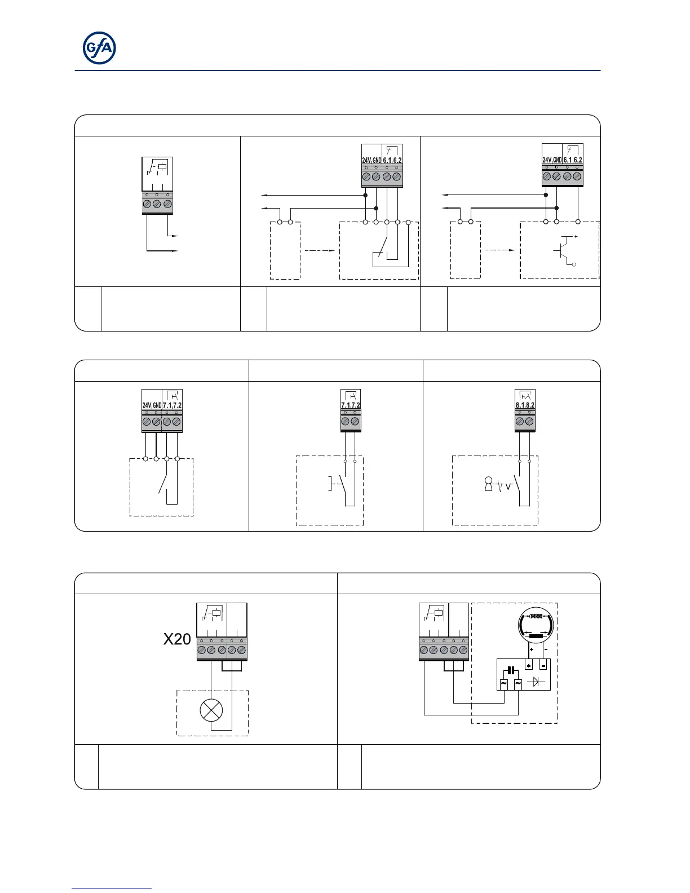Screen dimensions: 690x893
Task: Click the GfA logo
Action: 100,48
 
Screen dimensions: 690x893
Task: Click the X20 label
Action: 177,639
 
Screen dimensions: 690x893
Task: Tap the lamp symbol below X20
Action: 211,709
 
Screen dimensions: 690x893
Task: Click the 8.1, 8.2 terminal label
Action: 525,405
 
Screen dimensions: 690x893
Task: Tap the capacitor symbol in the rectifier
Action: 511,670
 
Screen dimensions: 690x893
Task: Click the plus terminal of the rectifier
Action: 529,665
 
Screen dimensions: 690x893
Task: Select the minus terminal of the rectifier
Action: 543,665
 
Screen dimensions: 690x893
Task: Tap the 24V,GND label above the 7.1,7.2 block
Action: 152,405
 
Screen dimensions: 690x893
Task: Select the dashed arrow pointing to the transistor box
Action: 499,250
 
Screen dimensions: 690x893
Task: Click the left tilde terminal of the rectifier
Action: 503,683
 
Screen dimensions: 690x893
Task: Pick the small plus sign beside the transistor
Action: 576,237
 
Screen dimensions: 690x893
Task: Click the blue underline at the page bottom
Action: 112,888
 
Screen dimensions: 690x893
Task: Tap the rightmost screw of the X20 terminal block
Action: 241,650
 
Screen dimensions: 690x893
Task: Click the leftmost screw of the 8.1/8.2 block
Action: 520,421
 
